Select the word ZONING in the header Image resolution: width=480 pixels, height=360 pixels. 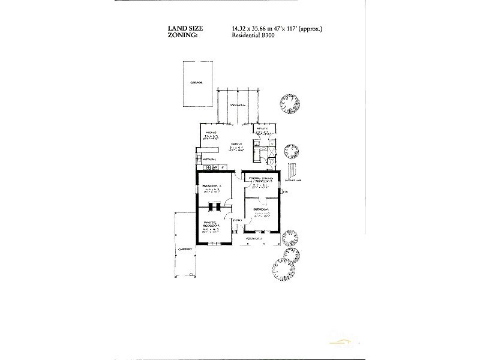(186, 35)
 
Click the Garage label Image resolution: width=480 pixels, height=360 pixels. (196, 83)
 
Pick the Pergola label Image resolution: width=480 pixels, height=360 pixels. (241, 105)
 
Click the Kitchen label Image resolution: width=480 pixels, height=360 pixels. (210, 159)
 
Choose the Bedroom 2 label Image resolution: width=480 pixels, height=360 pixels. (212, 185)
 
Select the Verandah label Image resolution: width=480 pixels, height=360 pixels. (256, 238)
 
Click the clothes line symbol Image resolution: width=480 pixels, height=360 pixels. (292, 173)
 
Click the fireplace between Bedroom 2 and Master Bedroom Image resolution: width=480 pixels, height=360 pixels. (214, 207)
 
